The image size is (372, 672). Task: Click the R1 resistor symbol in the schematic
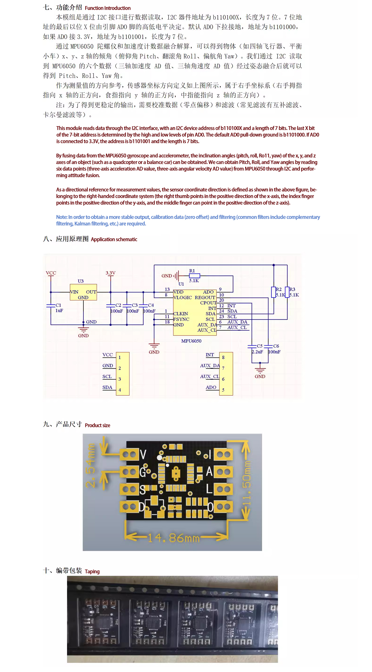point(195,276)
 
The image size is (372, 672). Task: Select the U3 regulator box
point(83,292)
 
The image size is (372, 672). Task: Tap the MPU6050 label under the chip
point(191,341)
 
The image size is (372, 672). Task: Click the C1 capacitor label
point(58,305)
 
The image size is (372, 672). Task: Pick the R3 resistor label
point(292,289)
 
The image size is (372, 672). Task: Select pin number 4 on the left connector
point(120,390)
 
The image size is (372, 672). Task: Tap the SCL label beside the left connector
point(107,376)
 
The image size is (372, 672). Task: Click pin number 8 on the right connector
point(223,357)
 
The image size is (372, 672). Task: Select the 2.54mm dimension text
point(91,465)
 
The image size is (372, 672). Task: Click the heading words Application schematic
point(114,239)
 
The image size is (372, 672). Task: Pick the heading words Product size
point(97,425)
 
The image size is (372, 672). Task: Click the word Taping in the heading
point(92,571)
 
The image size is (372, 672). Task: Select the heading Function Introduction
point(107,8)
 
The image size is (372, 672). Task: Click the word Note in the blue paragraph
point(61,217)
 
